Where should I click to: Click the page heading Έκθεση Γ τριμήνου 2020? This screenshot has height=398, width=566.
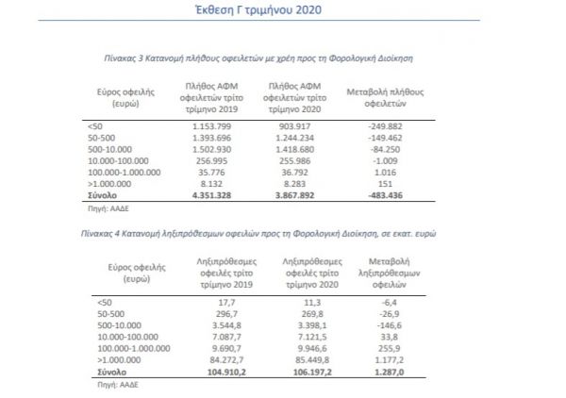tap(283, 11)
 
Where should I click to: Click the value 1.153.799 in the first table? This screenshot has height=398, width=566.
tap(208, 124)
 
